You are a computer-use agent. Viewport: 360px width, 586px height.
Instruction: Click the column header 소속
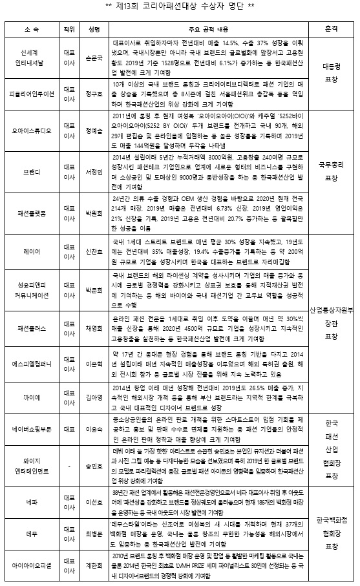pos(30,30)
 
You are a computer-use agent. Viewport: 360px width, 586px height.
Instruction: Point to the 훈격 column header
pos(332,30)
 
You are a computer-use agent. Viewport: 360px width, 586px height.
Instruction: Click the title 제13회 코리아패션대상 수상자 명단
pos(180,8)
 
